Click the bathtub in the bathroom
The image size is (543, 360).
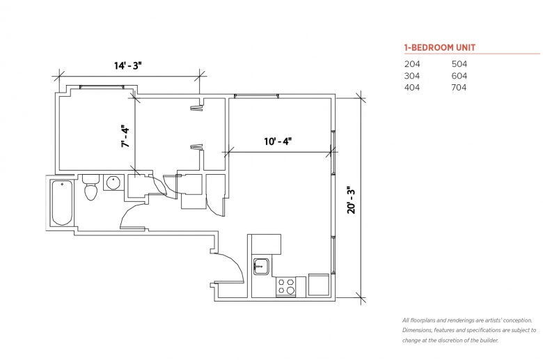coord(62,202)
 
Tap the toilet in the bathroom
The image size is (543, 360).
coord(90,189)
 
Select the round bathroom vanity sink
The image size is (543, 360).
coord(113,183)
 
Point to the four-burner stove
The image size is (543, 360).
coord(286,286)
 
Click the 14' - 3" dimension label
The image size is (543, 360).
coord(128,65)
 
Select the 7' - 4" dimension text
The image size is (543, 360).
coord(125,136)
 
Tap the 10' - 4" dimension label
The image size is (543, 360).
coord(277,141)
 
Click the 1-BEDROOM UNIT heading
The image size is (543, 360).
coord(440,48)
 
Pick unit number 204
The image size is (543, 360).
coord(412,64)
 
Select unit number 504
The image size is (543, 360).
coord(459,64)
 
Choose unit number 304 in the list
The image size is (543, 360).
coord(412,76)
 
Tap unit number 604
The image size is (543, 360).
coord(459,76)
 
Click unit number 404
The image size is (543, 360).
coord(412,88)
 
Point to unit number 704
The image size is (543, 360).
coord(459,88)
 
